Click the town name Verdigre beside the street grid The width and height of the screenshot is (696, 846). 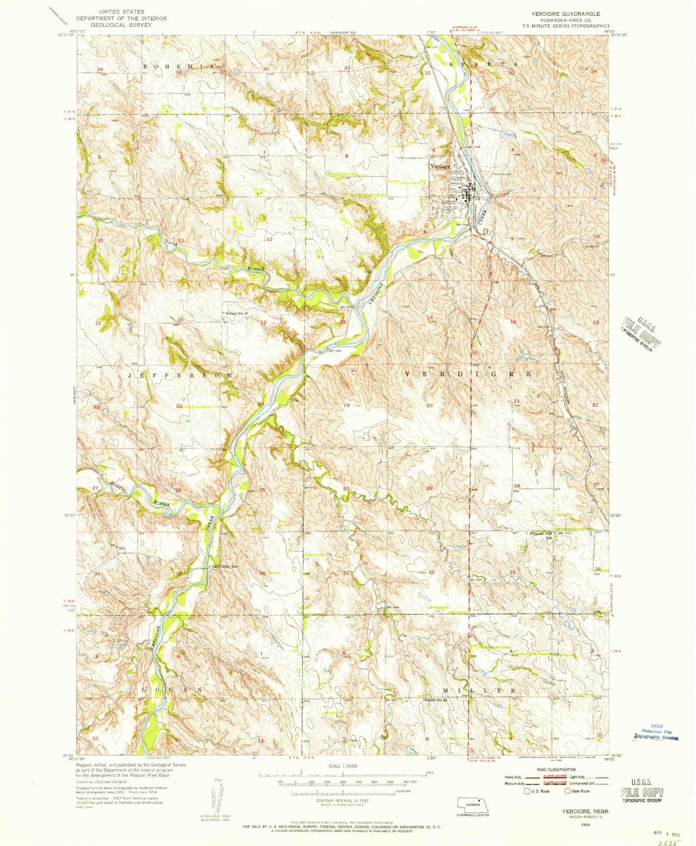point(439,166)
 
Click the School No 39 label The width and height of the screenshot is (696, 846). point(236,314)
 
